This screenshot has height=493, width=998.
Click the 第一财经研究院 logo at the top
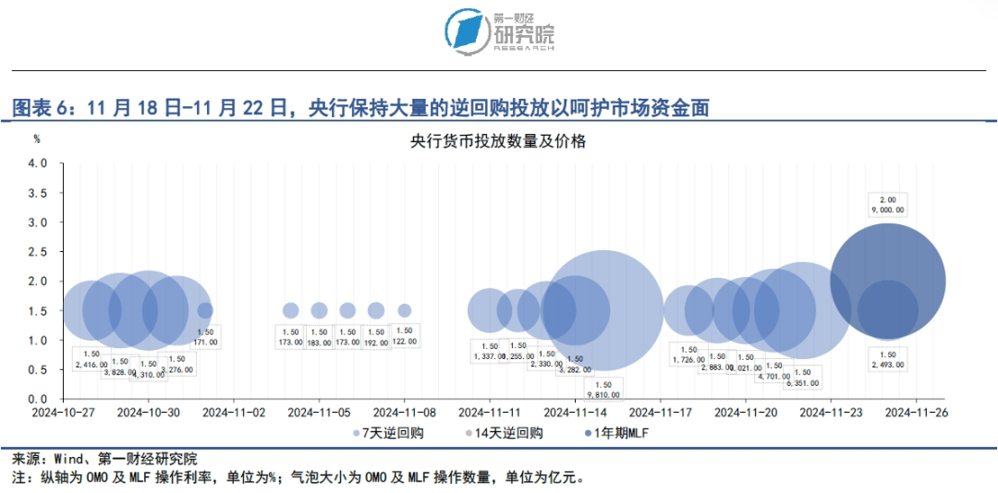click(499, 31)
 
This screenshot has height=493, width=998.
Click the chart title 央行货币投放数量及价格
click(499, 142)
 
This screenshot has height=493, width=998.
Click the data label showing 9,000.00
click(888, 205)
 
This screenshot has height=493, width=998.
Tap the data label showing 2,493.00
click(888, 360)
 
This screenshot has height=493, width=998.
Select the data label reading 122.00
click(404, 336)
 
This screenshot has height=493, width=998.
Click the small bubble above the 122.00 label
click(404, 310)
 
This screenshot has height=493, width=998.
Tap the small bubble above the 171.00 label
click(205, 310)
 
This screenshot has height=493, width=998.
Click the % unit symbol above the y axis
click(37, 139)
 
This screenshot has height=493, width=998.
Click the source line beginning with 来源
click(104, 459)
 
